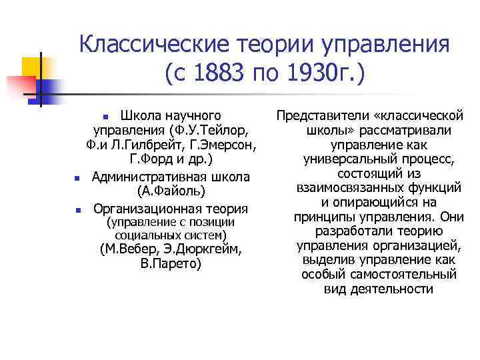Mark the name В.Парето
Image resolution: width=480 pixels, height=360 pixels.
[x=171, y=265]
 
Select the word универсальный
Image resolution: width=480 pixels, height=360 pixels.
[x=351, y=159]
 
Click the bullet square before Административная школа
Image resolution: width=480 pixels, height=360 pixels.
[x=77, y=179]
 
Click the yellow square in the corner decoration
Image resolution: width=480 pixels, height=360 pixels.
[x=31, y=67]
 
